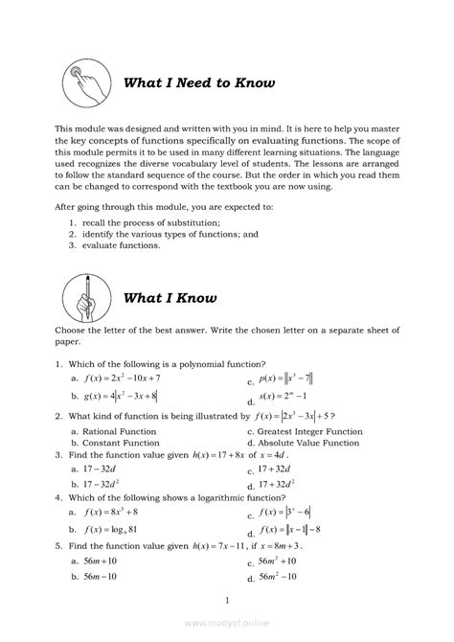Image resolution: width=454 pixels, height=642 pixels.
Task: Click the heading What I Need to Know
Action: [199, 82]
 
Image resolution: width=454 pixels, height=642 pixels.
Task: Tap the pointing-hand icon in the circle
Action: [86, 81]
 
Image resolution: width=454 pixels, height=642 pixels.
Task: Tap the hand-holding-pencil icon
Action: [86, 297]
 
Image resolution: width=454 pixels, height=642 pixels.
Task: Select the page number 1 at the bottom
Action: [226, 601]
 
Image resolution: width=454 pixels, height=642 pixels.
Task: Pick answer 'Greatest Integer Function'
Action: [311, 431]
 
